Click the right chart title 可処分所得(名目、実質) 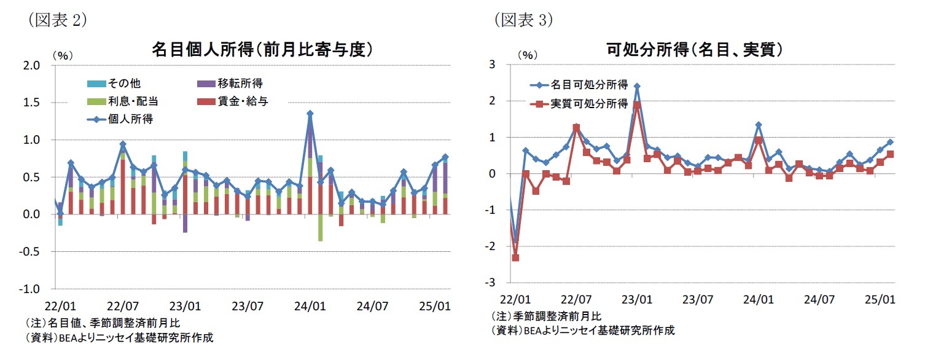pyautogui.click(x=698, y=50)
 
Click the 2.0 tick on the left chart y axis pyautogui.click(x=33, y=65)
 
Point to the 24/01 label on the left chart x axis pyautogui.click(x=310, y=304)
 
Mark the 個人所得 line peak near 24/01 pyautogui.click(x=310, y=114)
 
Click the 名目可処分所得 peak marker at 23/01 pyautogui.click(x=637, y=87)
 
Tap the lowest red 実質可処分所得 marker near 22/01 pyautogui.click(x=515, y=258)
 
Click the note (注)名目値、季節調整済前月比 pyautogui.click(x=103, y=323)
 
